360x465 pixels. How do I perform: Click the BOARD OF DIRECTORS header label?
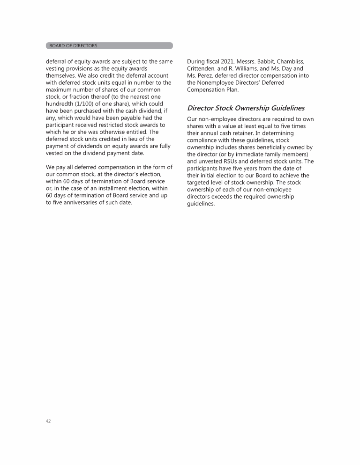coord(74,46)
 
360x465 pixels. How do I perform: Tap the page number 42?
coord(48,421)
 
